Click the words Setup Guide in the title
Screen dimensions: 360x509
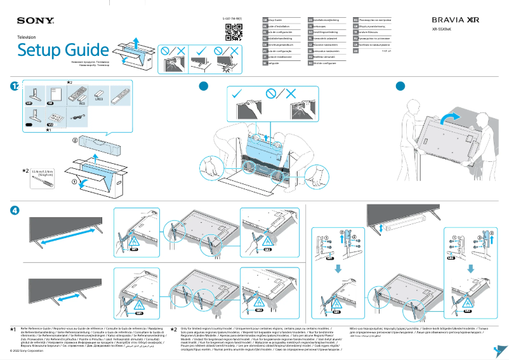point(63,50)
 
